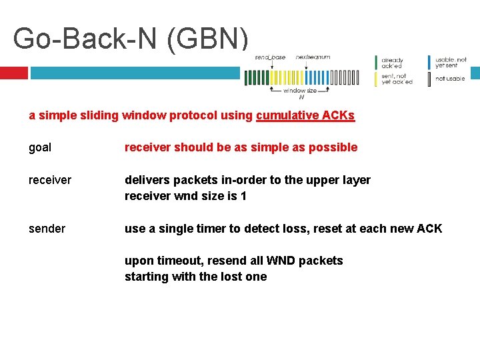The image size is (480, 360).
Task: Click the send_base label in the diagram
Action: pyautogui.click(x=270, y=57)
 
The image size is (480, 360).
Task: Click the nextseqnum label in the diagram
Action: pyautogui.click(x=313, y=57)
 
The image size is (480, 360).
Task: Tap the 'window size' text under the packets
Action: pyautogui.click(x=300, y=91)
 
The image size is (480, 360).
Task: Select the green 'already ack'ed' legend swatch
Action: pyautogui.click(x=377, y=62)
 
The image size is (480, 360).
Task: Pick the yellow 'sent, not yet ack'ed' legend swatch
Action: pyautogui.click(x=377, y=79)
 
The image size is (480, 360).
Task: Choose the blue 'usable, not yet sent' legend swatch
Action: pyautogui.click(x=430, y=62)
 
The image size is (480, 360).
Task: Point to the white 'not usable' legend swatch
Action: pyautogui.click(x=430, y=79)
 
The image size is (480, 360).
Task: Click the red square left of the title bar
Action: pyautogui.click(x=13, y=72)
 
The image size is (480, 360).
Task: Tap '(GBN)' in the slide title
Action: pyautogui.click(x=208, y=38)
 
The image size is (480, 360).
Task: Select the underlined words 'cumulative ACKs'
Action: pyautogui.click(x=305, y=115)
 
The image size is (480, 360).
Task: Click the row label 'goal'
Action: pyautogui.click(x=40, y=147)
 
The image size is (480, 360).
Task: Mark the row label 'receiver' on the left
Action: pyautogui.click(x=50, y=180)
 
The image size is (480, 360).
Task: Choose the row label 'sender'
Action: pyautogui.click(x=47, y=229)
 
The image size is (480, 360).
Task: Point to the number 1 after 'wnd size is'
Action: pyautogui.click(x=243, y=196)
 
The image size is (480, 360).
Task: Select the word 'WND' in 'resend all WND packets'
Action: pyautogui.click(x=280, y=261)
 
